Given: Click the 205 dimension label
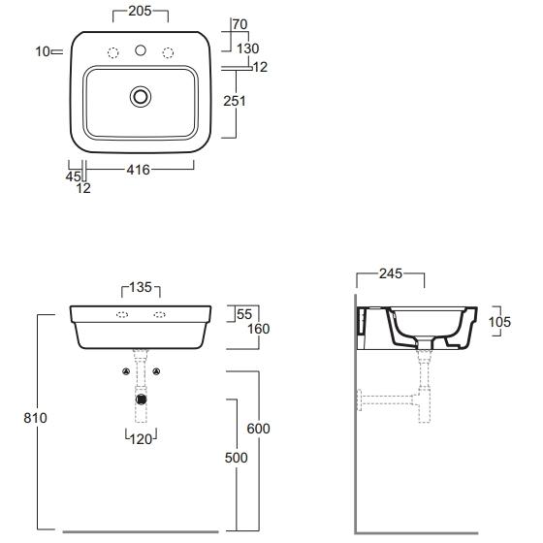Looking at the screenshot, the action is (x=140, y=11).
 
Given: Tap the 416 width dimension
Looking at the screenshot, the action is (x=138, y=170).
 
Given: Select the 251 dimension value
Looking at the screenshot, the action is (x=235, y=101).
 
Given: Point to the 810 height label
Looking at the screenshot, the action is (x=35, y=418).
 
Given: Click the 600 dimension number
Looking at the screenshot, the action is (x=258, y=429).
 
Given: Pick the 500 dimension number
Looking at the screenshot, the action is (x=237, y=458).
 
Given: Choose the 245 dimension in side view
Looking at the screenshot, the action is (x=391, y=273).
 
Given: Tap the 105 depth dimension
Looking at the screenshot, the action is (x=499, y=322).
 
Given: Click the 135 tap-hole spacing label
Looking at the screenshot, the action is (x=141, y=287).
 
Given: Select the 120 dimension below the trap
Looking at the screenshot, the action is (x=141, y=439).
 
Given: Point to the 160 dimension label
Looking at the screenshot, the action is (x=258, y=329).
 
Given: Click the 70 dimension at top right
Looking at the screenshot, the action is (x=240, y=24).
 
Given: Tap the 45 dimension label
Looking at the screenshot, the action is (x=73, y=176).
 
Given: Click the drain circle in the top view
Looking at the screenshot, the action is (x=141, y=97).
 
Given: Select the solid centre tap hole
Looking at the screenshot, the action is (x=141, y=50).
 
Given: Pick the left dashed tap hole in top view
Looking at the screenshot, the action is (x=112, y=52).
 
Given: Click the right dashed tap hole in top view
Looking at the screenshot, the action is (x=168, y=52).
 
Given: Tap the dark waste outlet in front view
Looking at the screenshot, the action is (x=141, y=399).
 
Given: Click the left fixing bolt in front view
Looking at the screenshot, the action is (x=126, y=371).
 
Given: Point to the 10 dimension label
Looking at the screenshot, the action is (x=43, y=51).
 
